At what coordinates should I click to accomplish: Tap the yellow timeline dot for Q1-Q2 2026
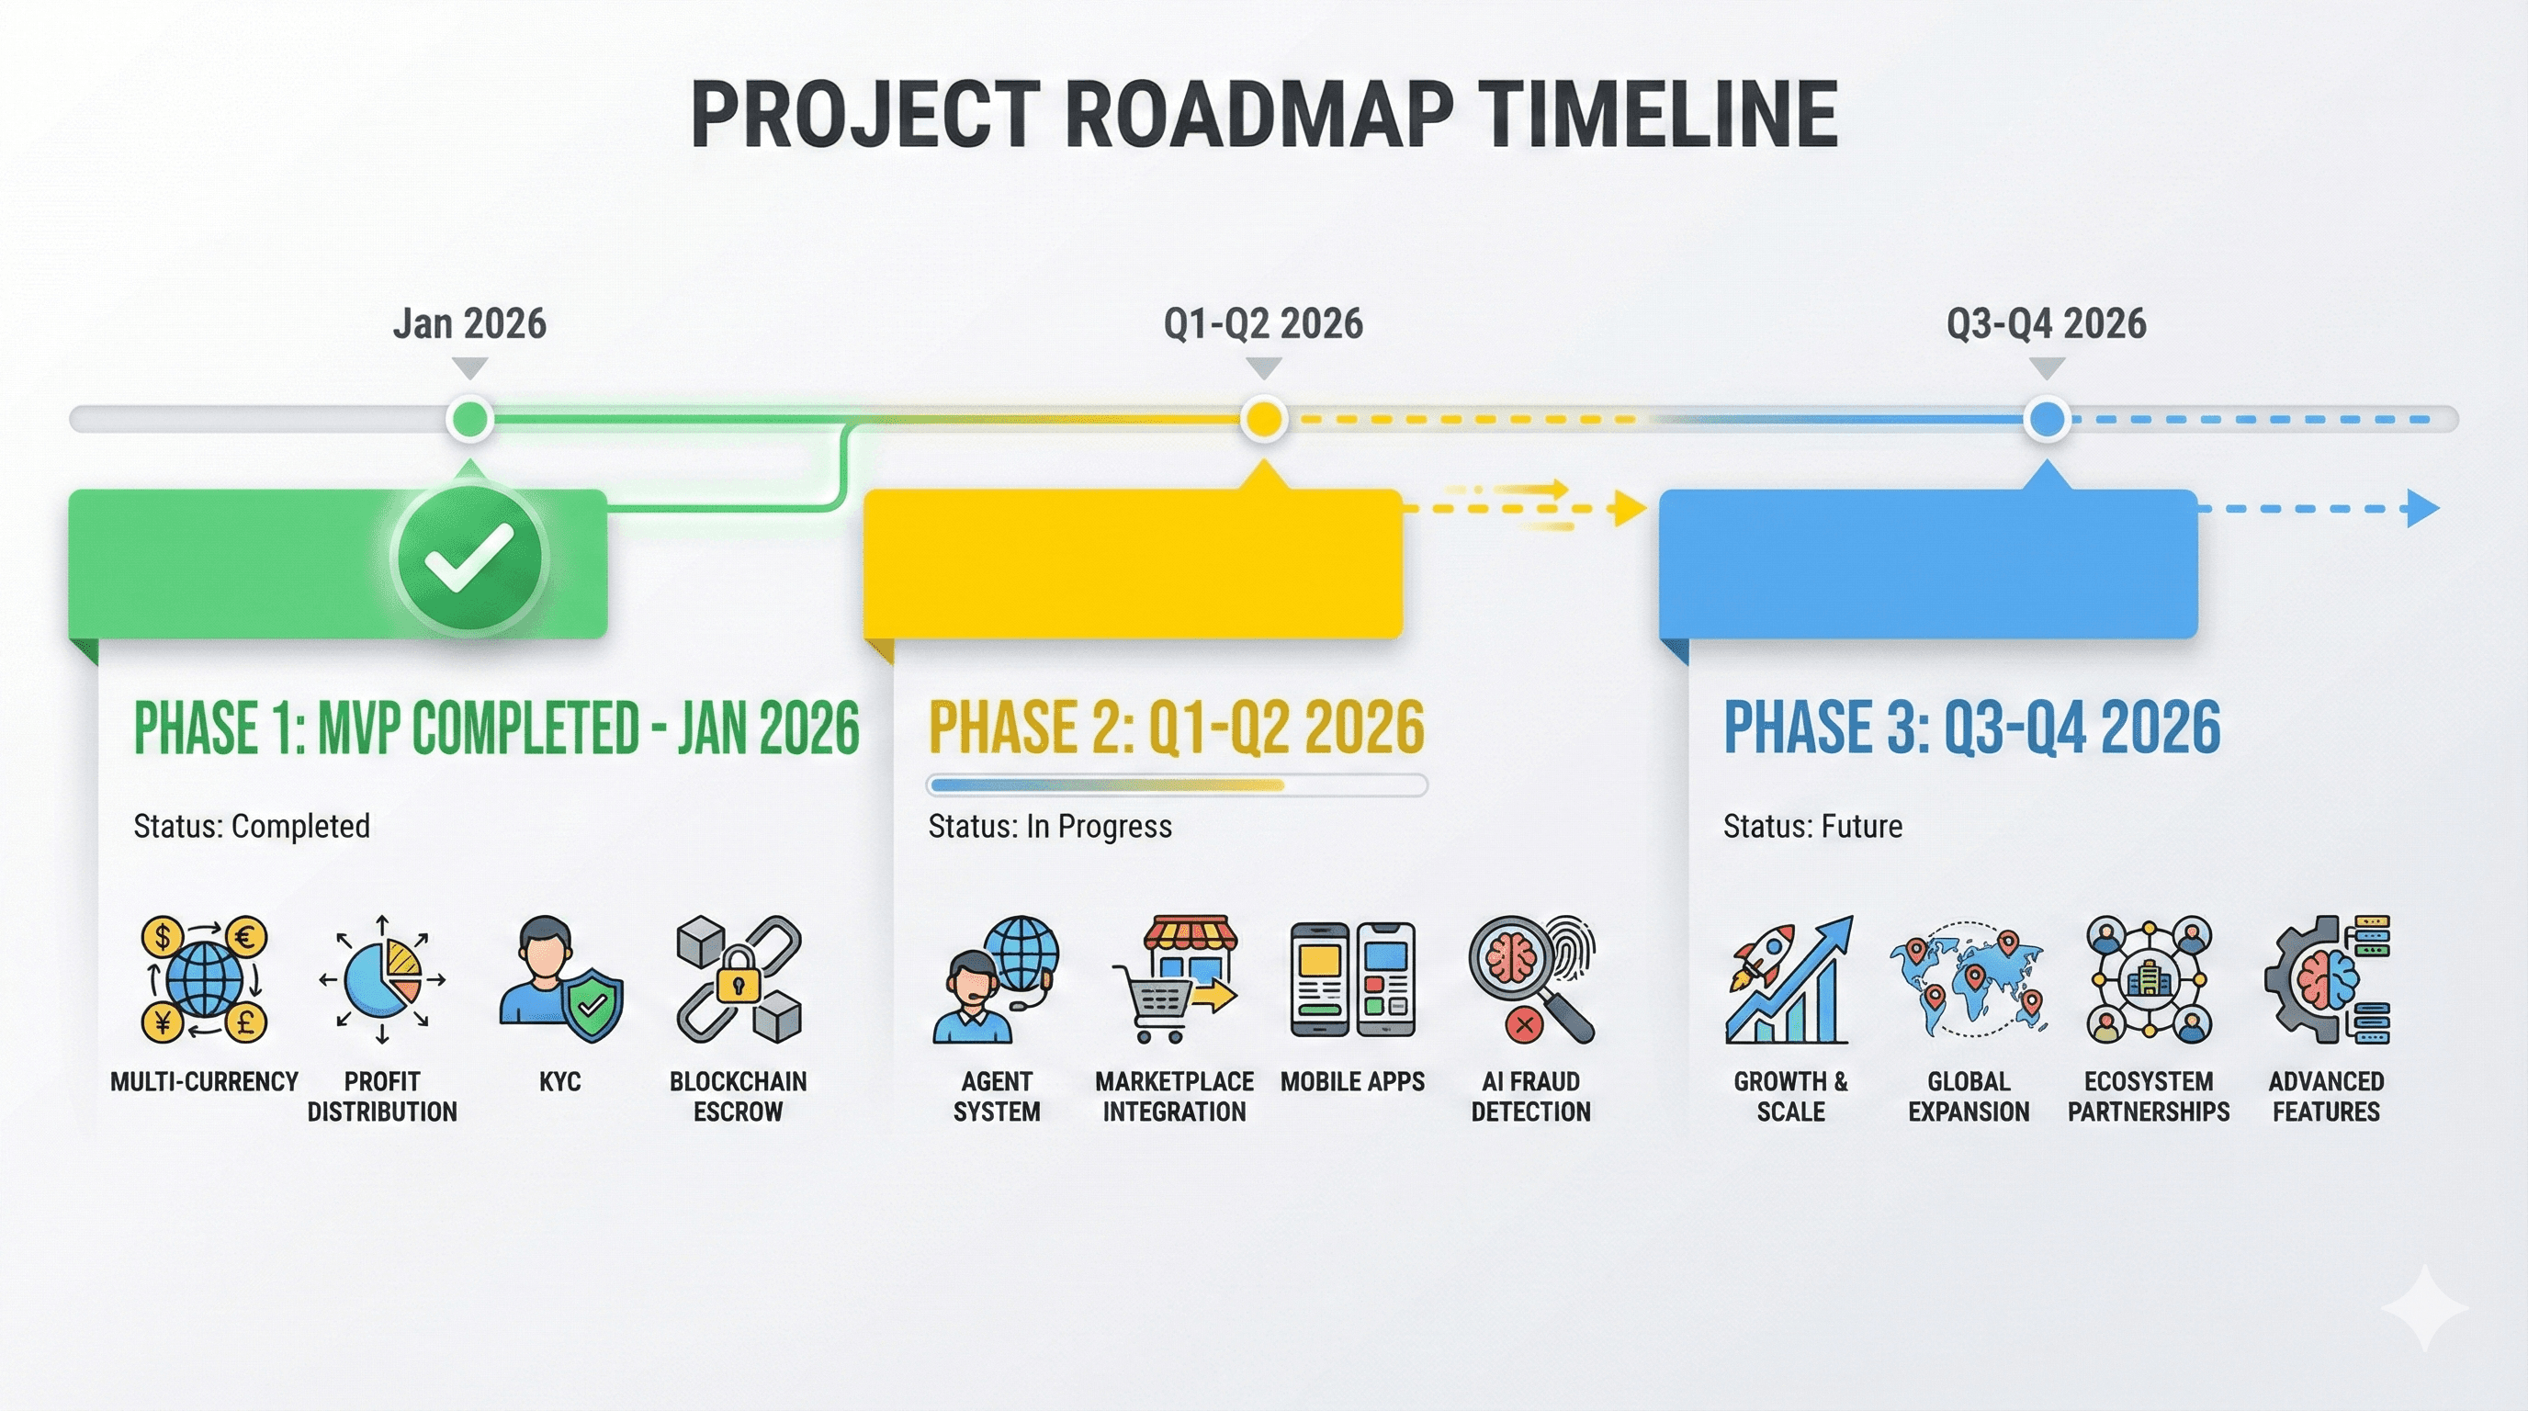pos(1263,419)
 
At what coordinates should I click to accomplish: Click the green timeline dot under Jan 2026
pos(469,419)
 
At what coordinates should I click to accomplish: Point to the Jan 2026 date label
pos(469,323)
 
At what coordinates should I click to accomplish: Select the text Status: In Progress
pos(1049,826)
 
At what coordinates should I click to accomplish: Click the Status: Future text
pos(1811,826)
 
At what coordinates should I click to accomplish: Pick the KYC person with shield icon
pos(559,978)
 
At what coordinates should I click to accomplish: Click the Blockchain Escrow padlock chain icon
pos(738,978)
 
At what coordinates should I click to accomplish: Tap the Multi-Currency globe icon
pos(204,978)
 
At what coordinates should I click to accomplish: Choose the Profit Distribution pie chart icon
pos(383,978)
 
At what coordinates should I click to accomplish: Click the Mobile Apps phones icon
pos(1352,978)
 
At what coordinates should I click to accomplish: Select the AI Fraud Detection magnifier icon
pos(1531,978)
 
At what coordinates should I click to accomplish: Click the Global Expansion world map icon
pos(1968,978)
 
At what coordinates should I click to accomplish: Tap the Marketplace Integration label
pos(1174,1096)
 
